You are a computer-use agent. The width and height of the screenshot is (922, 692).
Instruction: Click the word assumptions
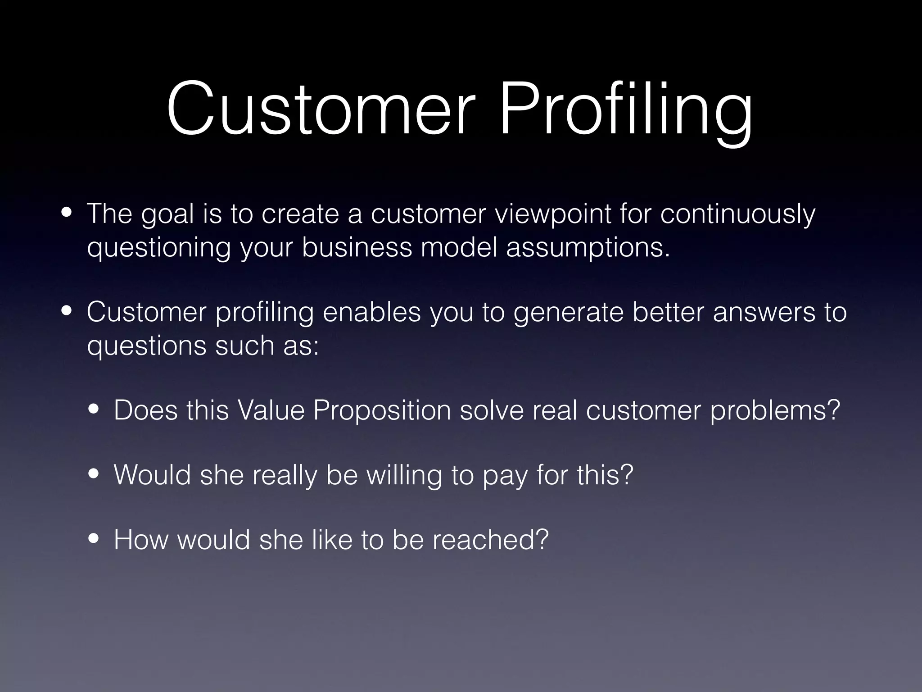[x=588, y=248]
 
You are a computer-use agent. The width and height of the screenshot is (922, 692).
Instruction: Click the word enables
[x=371, y=312]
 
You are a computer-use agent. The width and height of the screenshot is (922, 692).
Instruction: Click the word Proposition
[x=382, y=410]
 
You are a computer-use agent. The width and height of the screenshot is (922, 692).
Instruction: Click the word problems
[x=775, y=410]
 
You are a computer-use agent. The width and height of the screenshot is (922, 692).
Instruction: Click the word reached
[x=490, y=540]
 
